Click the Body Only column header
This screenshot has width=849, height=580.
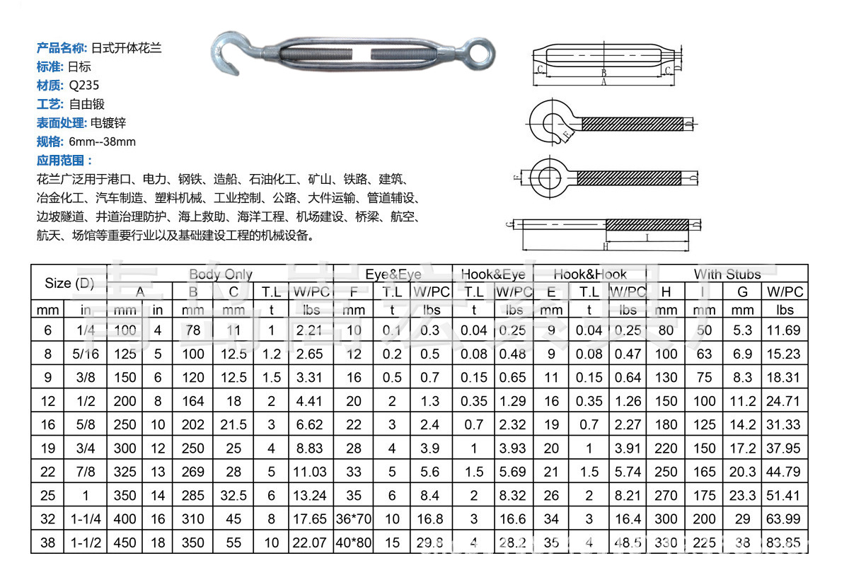pos(221,274)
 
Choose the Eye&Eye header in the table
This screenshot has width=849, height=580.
pos(393,274)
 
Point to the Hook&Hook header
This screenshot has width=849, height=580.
pos(590,274)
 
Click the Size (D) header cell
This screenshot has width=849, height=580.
pos(69,283)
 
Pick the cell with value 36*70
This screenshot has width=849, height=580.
pos(354,519)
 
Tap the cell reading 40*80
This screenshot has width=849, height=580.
pos(354,543)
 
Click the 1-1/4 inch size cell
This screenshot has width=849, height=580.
pos(86,519)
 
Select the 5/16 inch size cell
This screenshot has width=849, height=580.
pos(86,354)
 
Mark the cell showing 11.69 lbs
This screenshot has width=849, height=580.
pos(785,330)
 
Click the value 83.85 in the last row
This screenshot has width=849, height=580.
pos(785,543)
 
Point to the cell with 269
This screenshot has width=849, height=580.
pos(193,472)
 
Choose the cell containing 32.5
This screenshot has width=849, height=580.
pos(233,496)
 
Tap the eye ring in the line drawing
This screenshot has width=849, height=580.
pos(546,176)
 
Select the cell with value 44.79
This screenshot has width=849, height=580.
pos(785,472)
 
